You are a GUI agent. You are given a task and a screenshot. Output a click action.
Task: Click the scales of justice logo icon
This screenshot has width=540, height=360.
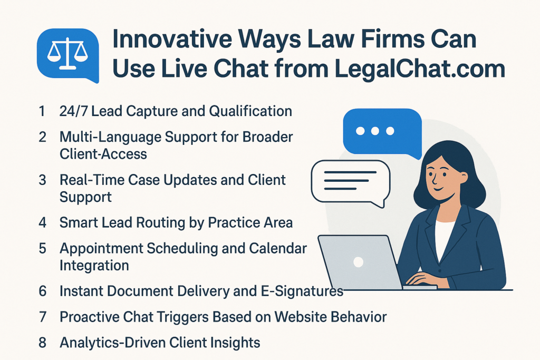click(67, 55)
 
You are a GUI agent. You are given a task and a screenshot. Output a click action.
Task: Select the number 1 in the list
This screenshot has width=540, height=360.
click(42, 111)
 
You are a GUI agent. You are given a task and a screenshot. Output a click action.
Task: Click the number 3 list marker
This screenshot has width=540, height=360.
click(42, 180)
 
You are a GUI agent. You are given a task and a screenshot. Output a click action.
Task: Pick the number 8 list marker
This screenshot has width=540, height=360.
click(42, 343)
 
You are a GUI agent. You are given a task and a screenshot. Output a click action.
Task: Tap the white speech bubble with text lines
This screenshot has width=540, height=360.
click(350, 181)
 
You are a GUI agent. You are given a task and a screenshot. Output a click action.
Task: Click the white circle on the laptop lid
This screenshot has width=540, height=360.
click(359, 261)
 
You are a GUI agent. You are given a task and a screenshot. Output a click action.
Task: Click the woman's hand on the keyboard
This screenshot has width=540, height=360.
click(422, 279)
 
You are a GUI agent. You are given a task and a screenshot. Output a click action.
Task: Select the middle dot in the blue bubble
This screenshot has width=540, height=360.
click(375, 131)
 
